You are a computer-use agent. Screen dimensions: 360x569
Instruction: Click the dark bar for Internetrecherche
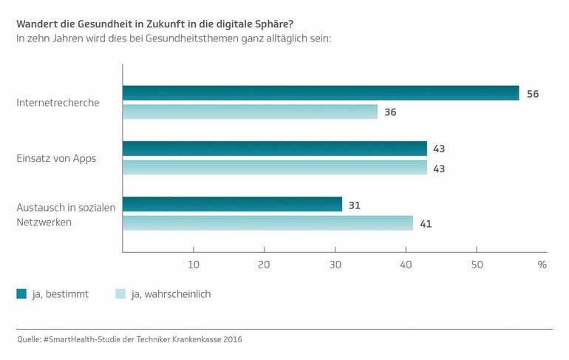(x=321, y=93)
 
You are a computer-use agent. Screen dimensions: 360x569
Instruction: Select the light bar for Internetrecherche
(x=250, y=112)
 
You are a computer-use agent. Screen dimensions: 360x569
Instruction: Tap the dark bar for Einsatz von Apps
(x=275, y=149)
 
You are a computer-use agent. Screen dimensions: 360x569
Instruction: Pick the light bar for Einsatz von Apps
(x=275, y=168)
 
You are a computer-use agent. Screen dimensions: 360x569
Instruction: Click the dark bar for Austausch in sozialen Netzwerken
(x=232, y=204)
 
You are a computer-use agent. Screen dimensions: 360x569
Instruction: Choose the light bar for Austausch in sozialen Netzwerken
(x=268, y=223)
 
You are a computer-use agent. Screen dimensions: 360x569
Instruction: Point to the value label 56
(x=533, y=94)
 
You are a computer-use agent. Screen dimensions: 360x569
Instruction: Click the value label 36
(x=391, y=113)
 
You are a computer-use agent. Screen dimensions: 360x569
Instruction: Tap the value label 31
(x=355, y=205)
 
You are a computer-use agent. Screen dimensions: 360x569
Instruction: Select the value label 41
(x=426, y=224)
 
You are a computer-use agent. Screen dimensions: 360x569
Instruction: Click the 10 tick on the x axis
(x=194, y=265)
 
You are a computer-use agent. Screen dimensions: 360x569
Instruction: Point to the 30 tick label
(x=335, y=265)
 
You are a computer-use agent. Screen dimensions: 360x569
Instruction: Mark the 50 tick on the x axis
(x=477, y=265)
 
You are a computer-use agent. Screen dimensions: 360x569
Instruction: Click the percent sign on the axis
(x=542, y=265)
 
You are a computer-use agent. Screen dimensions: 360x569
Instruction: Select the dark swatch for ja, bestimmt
(x=21, y=294)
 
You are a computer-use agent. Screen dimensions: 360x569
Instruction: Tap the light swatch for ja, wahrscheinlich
(x=120, y=294)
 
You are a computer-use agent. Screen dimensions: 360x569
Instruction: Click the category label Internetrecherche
(x=58, y=103)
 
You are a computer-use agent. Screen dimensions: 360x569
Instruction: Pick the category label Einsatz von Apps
(x=56, y=158)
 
